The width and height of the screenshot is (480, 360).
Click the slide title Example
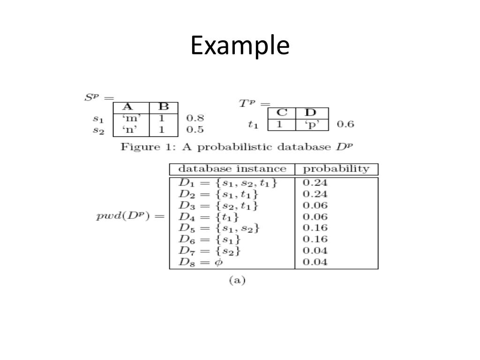pos(240,46)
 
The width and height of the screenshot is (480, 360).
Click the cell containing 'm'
pos(131,118)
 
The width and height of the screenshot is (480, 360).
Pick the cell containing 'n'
pos(131,129)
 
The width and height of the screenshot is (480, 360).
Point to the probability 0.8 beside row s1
pos(195,118)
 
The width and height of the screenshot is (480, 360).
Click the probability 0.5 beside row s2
pos(195,129)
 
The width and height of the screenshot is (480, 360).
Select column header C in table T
pos(281,113)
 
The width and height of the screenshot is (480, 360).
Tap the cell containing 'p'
pos(312,124)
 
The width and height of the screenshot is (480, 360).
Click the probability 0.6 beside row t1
pos(345,124)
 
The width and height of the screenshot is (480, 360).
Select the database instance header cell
pos(232,169)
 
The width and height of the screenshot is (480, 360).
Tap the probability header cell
pos(336,169)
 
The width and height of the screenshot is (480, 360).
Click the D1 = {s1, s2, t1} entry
pos(228,183)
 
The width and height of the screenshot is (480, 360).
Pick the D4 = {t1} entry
pos(209,217)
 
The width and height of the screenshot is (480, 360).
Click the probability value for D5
pos(315,228)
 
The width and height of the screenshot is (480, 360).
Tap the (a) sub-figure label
pos(237,280)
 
